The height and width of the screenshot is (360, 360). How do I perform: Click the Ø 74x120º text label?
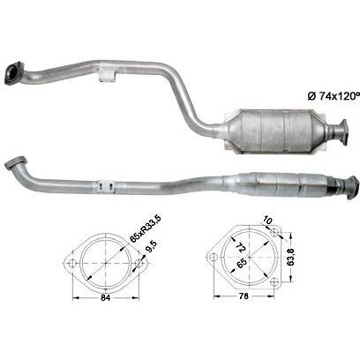(x=334, y=96)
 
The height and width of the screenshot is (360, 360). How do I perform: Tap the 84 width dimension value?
(x=105, y=297)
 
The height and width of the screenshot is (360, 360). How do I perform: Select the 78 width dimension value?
(x=244, y=296)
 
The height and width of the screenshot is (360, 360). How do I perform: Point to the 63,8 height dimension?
(x=291, y=257)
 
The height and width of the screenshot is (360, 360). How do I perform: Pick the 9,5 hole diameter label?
(x=152, y=247)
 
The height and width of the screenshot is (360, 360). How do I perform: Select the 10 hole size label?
(x=267, y=221)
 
